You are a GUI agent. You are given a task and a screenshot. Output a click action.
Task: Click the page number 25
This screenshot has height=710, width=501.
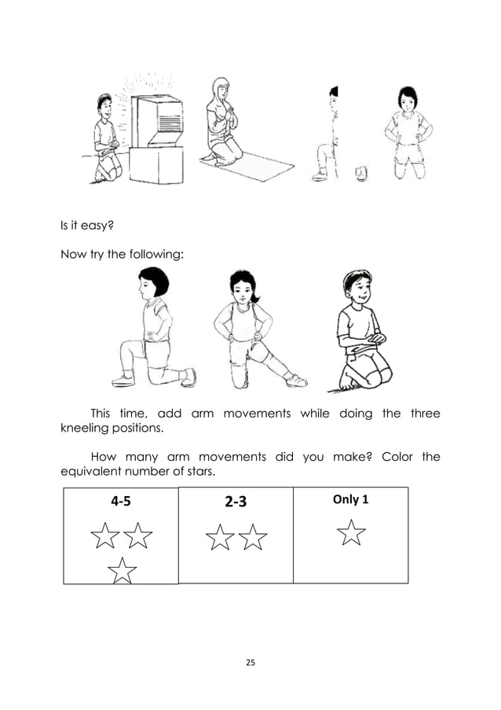[251, 664]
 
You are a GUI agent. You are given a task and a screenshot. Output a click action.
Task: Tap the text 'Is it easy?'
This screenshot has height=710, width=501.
[89, 227]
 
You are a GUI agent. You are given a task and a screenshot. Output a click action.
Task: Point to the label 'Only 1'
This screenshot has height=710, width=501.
[350, 499]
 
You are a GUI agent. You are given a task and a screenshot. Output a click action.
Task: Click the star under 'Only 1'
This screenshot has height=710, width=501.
[352, 533]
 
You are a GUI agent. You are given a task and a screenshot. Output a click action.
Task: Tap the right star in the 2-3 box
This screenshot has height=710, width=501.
[253, 539]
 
